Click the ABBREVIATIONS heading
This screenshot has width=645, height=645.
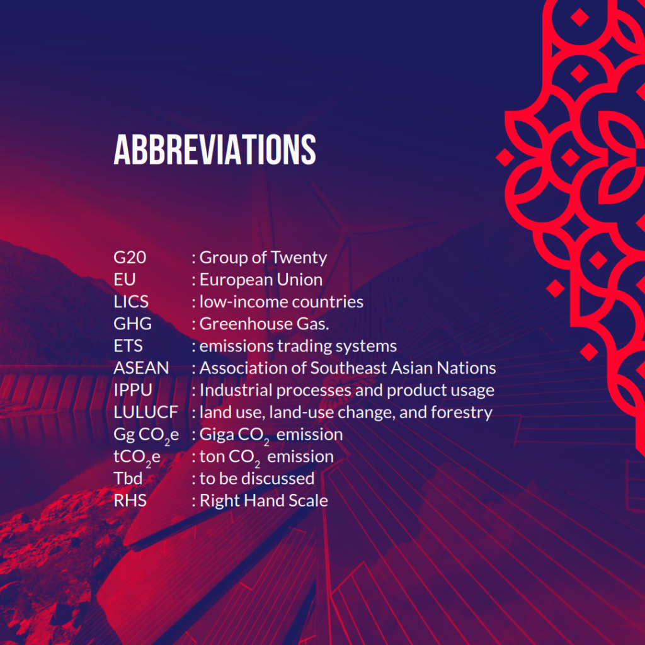click(x=215, y=149)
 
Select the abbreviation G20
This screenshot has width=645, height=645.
click(x=130, y=258)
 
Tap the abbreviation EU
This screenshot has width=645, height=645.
click(x=124, y=280)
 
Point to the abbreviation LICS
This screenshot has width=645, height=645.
click(x=131, y=302)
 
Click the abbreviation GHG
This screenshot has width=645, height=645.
click(x=132, y=324)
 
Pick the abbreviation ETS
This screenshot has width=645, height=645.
click(x=128, y=346)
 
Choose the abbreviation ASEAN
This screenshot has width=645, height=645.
click(x=141, y=368)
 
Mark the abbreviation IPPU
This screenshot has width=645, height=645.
click(x=133, y=390)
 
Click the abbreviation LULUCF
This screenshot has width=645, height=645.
click(x=146, y=412)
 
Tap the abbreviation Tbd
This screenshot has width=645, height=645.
click(x=128, y=479)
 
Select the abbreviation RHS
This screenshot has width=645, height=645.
click(x=130, y=501)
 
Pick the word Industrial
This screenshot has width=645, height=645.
click(x=236, y=390)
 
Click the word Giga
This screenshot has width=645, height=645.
click(x=217, y=435)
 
